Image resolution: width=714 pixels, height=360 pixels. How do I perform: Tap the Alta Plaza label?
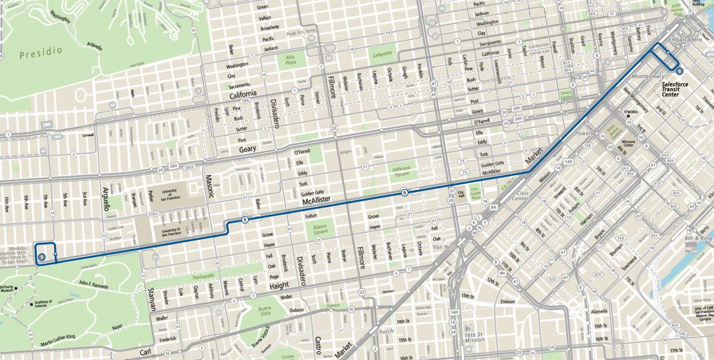tap(290, 60)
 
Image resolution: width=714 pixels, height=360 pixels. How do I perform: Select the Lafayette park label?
tap(382, 54)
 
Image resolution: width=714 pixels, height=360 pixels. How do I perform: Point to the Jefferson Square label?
tap(405, 171)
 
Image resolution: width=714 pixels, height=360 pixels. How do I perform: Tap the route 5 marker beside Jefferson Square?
tap(405, 192)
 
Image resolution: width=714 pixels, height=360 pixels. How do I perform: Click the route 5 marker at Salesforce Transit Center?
tap(679, 72)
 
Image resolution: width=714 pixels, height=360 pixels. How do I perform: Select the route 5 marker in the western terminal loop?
tap(42, 257)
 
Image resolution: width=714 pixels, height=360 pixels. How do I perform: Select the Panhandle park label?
tap(203, 277)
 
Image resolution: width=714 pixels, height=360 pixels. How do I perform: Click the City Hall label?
tap(461, 195)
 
